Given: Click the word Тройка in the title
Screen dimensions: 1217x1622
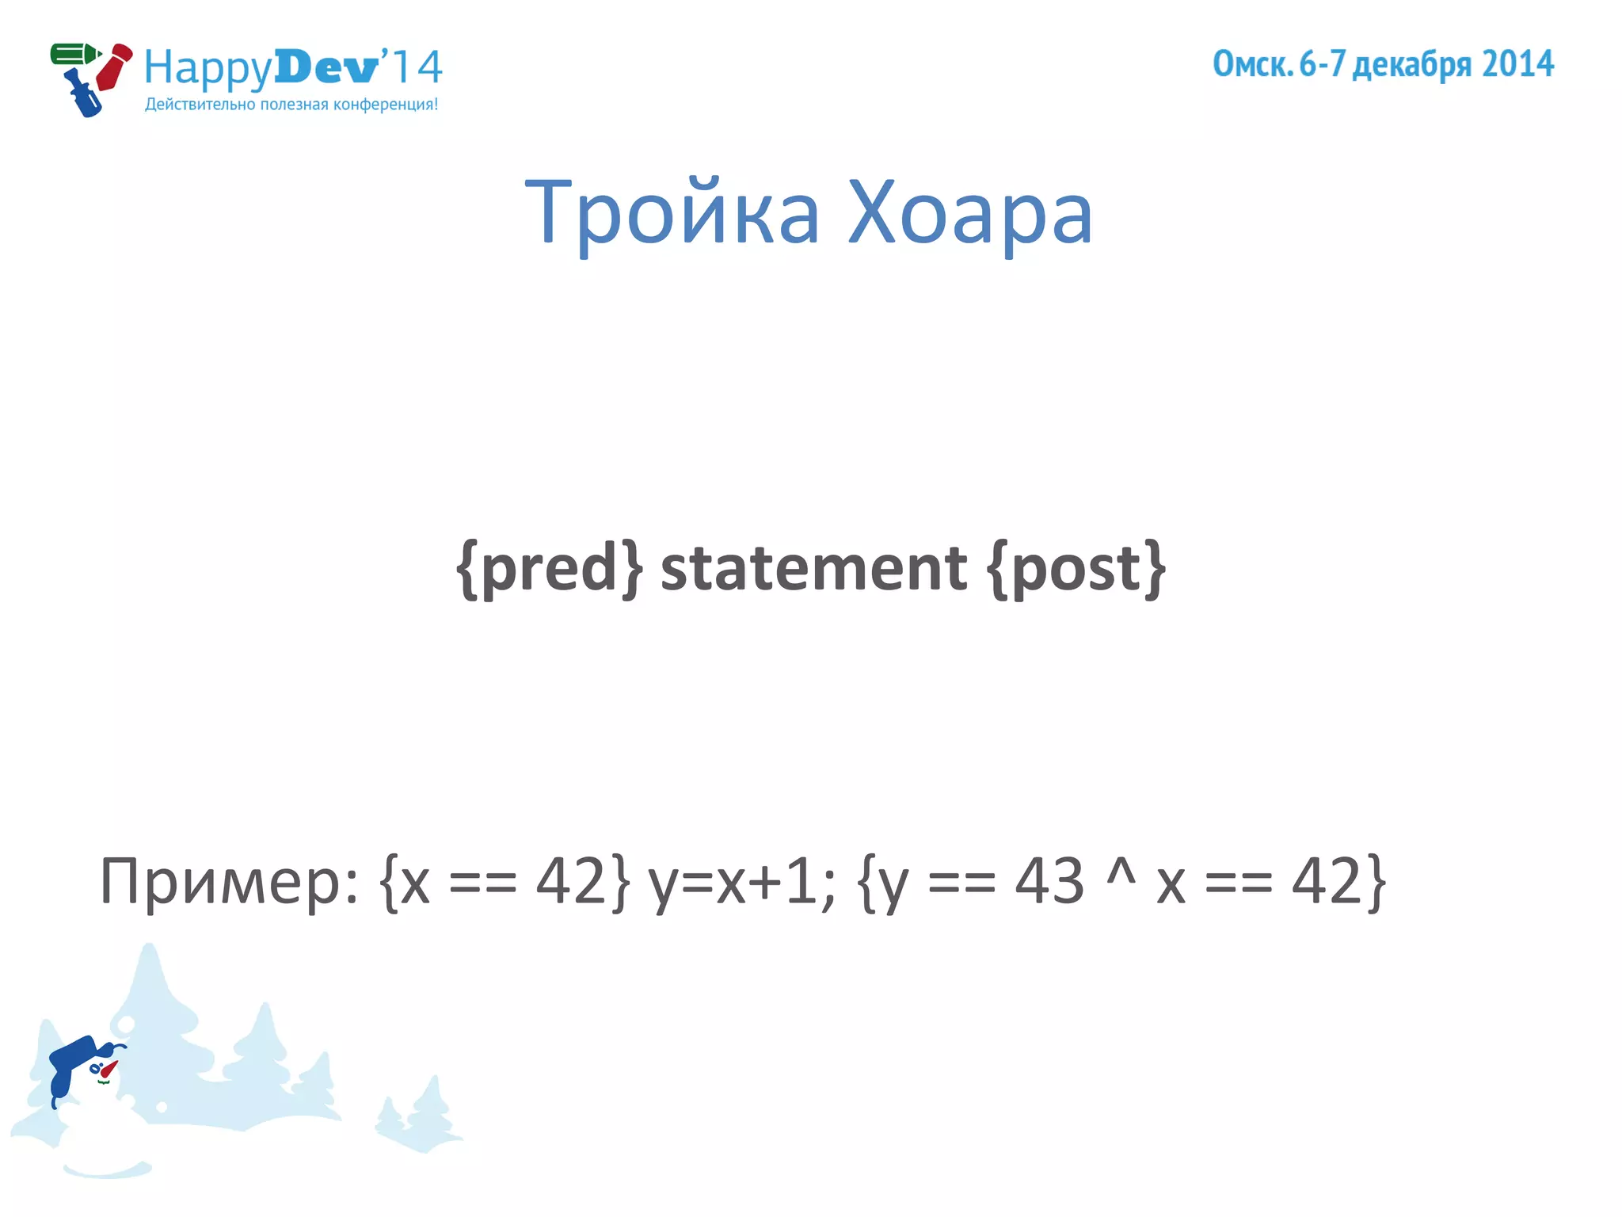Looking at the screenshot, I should (672, 212).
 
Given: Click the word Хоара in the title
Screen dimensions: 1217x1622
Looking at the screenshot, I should (970, 212).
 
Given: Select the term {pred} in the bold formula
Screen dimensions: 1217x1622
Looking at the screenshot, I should (550, 568).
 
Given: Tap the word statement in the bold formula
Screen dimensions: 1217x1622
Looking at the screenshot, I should (813, 568).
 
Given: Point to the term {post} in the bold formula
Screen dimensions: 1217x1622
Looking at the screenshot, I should (1076, 568).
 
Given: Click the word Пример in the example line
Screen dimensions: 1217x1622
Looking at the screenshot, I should (222, 882).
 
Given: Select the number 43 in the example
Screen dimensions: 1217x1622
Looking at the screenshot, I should (1049, 880).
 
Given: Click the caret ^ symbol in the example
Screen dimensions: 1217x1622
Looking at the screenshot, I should (1121, 872).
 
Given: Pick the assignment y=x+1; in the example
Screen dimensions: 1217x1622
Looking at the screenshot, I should (741, 882).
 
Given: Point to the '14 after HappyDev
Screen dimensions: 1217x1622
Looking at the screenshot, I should (413, 67).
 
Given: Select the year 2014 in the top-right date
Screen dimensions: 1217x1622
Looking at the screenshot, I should (1517, 64).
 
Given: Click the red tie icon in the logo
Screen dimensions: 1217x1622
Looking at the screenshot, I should (114, 67).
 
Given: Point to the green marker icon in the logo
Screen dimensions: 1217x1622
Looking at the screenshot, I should (74, 55).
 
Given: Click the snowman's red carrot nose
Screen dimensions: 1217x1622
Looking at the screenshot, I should (109, 1070).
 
